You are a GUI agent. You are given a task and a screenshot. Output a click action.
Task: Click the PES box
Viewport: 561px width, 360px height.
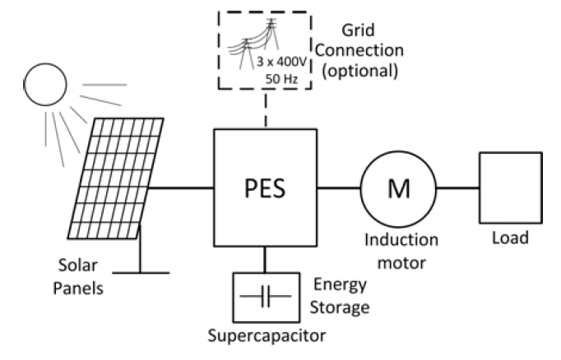tap(266, 187)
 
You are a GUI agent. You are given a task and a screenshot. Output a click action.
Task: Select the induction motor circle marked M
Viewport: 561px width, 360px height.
tap(397, 188)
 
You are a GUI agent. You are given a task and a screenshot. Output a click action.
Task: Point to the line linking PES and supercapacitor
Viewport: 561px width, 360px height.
tap(266, 260)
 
